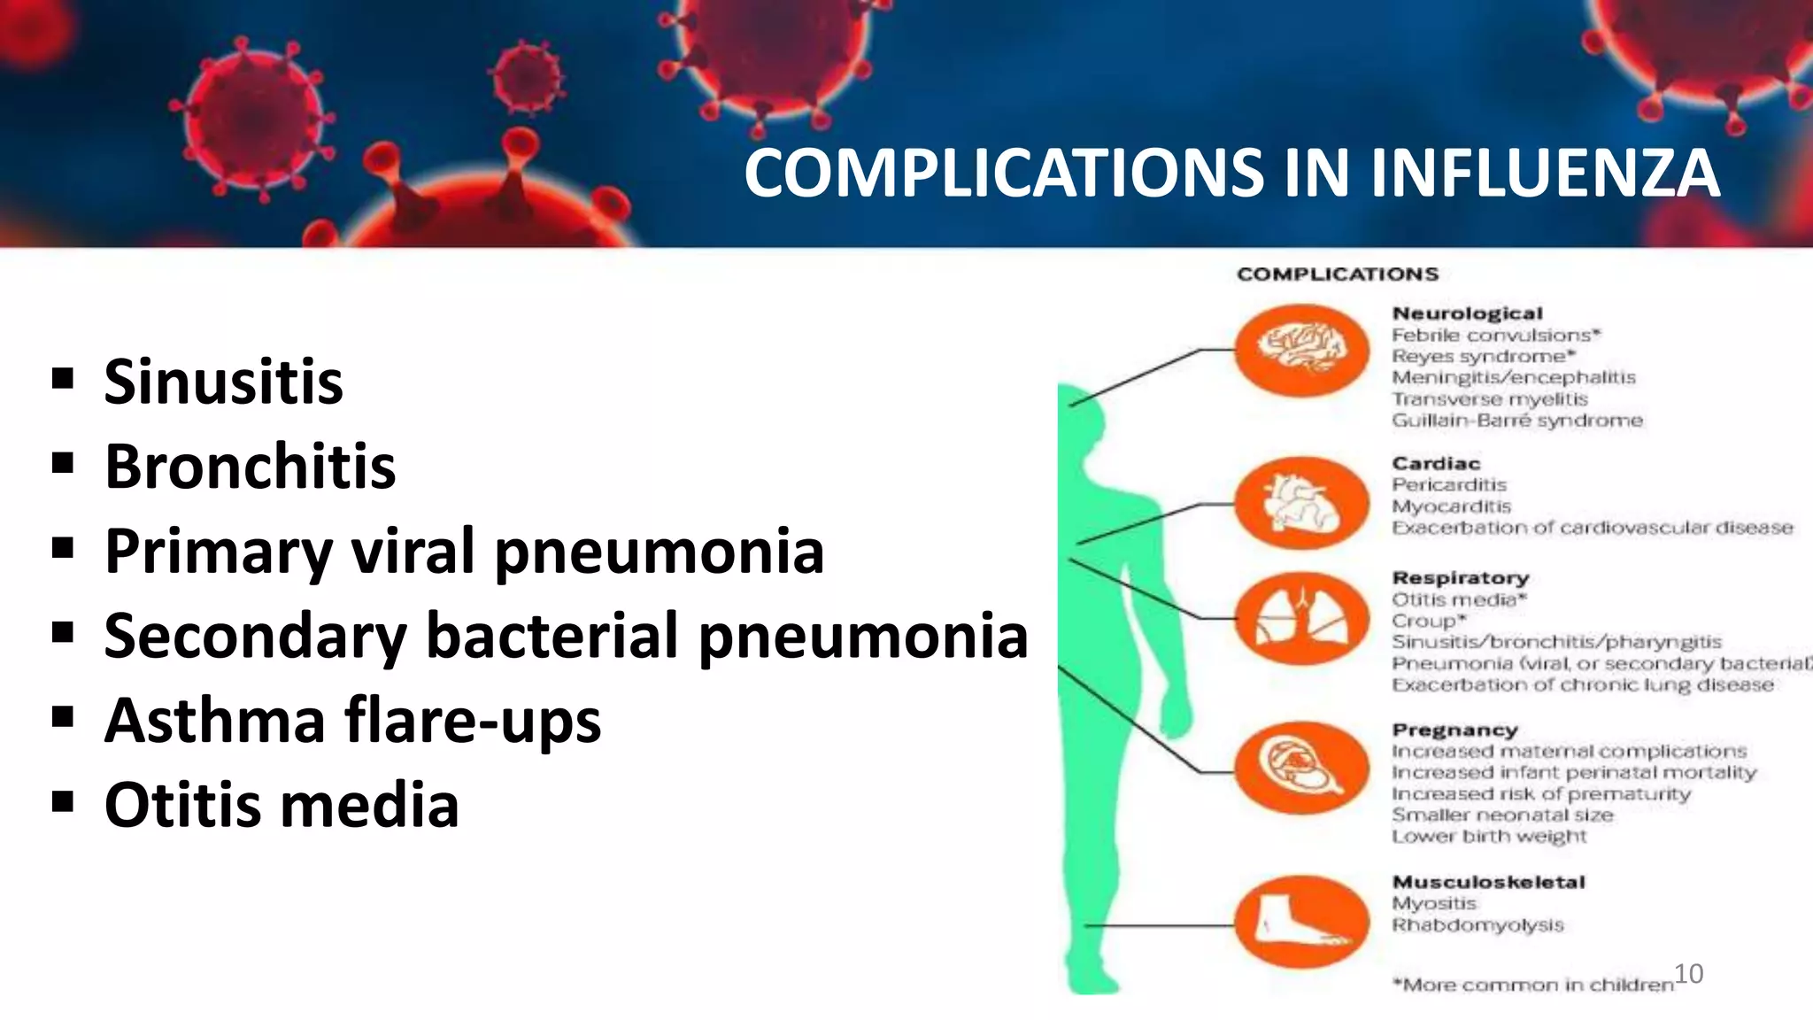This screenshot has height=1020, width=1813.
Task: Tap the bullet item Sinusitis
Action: point(223,382)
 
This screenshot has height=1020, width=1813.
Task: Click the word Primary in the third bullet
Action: point(218,551)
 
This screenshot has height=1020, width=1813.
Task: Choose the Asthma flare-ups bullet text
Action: point(352,720)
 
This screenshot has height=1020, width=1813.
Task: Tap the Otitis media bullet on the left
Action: point(282,805)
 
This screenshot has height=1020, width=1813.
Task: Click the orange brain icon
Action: point(1301,350)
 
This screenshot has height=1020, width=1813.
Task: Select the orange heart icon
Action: point(1301,502)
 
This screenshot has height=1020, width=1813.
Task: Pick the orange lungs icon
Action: point(1301,617)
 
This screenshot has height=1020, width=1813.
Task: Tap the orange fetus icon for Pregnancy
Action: point(1301,767)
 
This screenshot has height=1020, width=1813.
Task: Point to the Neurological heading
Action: point(1467,313)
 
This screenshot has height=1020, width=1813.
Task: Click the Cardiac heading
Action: point(1435,463)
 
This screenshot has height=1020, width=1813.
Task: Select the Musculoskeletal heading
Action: point(1488,882)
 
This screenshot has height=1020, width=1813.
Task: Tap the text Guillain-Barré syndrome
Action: point(1516,420)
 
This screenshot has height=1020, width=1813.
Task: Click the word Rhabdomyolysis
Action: point(1477,924)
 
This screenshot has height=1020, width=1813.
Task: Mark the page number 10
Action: point(1688,973)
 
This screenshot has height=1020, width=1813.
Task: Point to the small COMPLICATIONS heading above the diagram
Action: point(1338,274)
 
